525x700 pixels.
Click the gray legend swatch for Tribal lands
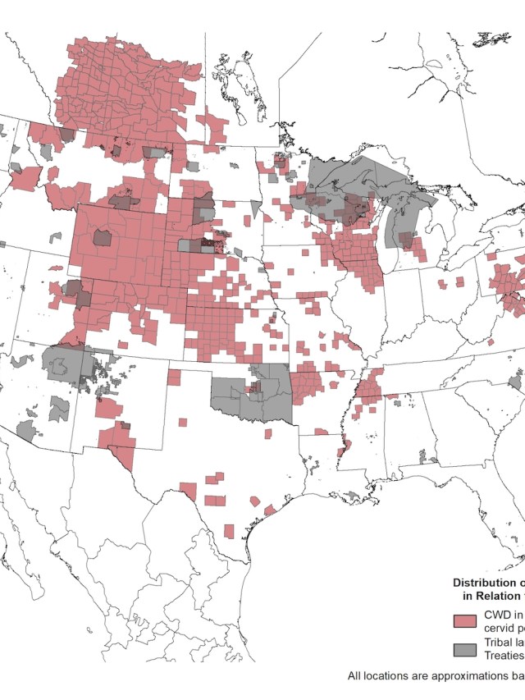465,649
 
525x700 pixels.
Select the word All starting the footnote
355,677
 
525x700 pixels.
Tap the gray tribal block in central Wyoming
103,238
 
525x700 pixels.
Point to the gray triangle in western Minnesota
256,208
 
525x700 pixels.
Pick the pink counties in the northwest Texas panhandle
175,377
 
